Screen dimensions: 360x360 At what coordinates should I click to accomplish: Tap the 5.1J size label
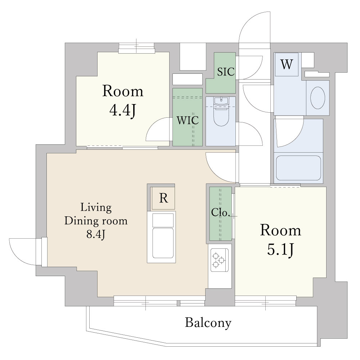(x=280, y=249)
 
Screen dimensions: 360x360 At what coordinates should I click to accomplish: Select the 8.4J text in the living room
(x=96, y=234)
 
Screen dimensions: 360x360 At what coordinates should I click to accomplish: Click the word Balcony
(x=208, y=323)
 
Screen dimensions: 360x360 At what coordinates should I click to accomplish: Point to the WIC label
(x=187, y=120)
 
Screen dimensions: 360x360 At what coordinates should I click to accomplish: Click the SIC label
(x=226, y=72)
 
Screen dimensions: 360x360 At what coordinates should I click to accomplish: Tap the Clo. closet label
(x=220, y=212)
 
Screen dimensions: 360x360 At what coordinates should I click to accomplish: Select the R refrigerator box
(x=163, y=198)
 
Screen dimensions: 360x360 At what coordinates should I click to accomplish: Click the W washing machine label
(x=287, y=64)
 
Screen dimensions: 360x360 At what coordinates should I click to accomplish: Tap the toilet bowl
(x=221, y=116)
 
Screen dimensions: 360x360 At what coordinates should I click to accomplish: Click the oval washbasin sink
(x=318, y=98)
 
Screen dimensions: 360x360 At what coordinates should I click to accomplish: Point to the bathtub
(x=298, y=168)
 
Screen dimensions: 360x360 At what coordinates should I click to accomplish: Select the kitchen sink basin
(x=163, y=243)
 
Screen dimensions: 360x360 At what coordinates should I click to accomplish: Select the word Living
(x=96, y=208)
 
